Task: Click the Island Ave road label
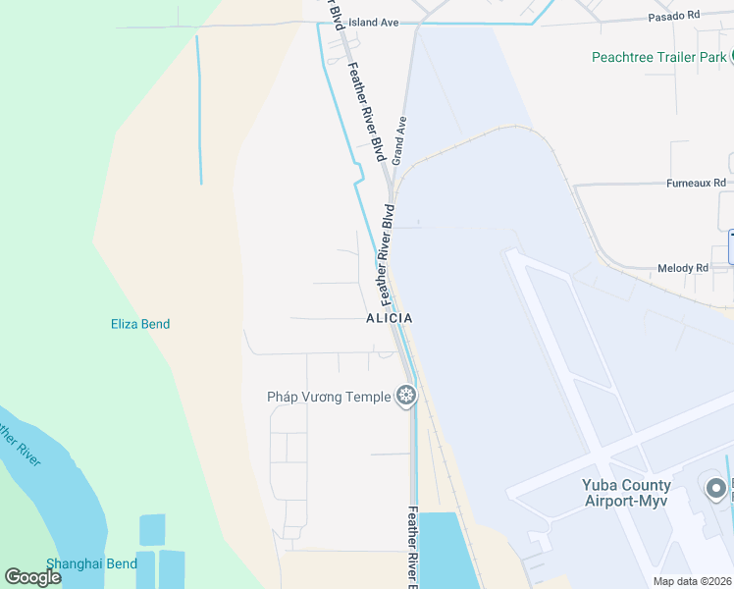pyautogui.click(x=374, y=22)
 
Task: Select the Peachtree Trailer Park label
pyautogui.click(x=658, y=57)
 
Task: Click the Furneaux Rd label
pyautogui.click(x=696, y=184)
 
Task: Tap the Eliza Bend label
pyautogui.click(x=139, y=324)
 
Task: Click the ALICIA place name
pyautogui.click(x=389, y=319)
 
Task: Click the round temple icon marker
pyautogui.click(x=406, y=397)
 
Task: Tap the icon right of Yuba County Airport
pyautogui.click(x=715, y=487)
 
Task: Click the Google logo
pyautogui.click(x=33, y=577)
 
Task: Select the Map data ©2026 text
pyautogui.click(x=693, y=581)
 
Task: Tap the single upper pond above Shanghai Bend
pyautogui.click(x=152, y=529)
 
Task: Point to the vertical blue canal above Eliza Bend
pyautogui.click(x=199, y=108)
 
